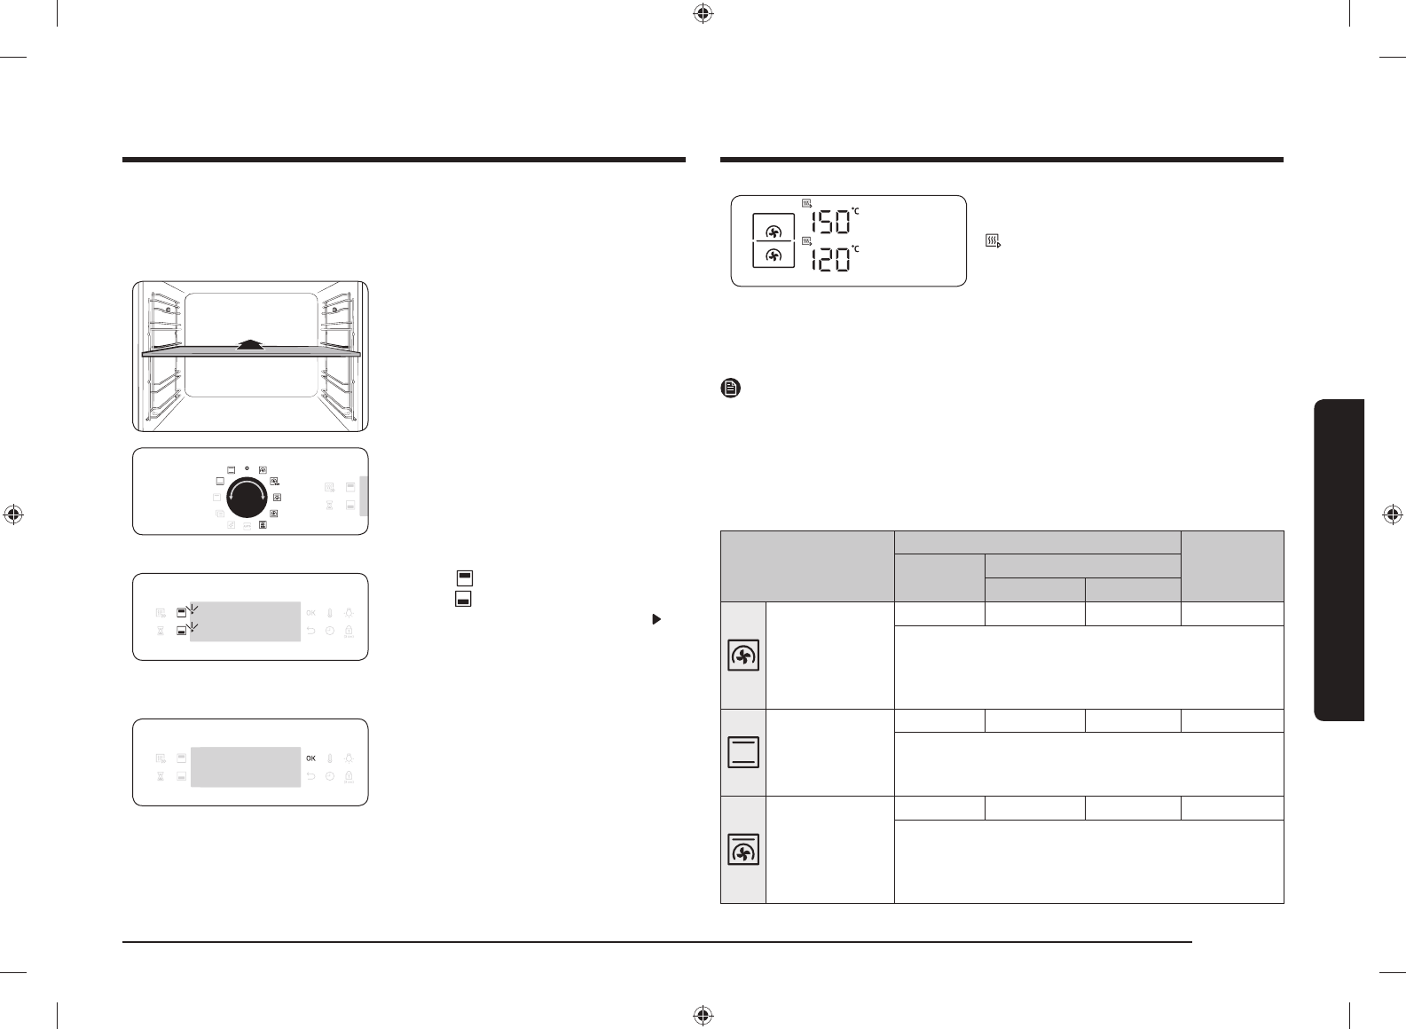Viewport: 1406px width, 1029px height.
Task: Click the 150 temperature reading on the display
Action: [830, 223]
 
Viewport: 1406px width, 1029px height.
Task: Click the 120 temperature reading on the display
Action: [830, 259]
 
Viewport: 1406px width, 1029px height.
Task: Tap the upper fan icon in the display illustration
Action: [774, 232]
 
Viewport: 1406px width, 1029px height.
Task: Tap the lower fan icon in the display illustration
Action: [774, 255]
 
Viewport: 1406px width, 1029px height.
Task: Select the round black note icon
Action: [731, 388]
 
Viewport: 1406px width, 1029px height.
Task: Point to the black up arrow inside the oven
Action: [250, 343]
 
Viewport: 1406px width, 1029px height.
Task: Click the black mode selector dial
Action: [247, 498]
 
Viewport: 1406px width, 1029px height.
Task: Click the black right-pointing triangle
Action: [656, 619]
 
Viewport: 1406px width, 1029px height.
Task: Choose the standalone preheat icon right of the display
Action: [993, 240]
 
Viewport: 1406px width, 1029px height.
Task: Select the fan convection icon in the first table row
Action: [743, 656]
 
